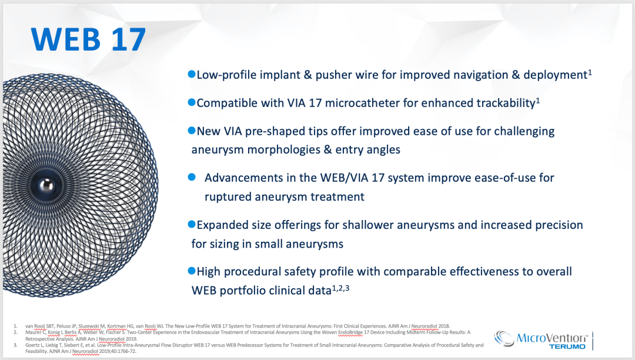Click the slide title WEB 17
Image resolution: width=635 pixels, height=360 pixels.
[88, 39]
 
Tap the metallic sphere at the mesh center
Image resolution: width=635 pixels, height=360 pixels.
[46, 186]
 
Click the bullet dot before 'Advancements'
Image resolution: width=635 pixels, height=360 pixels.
[192, 177]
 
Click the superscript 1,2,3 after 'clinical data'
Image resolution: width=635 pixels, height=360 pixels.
[340, 288]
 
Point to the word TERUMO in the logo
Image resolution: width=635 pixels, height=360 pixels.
[567, 346]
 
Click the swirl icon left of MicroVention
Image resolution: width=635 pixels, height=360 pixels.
[504, 339]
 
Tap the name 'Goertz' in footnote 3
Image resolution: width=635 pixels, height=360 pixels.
[32, 345]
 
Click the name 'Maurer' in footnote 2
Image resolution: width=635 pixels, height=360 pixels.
[32, 332]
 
